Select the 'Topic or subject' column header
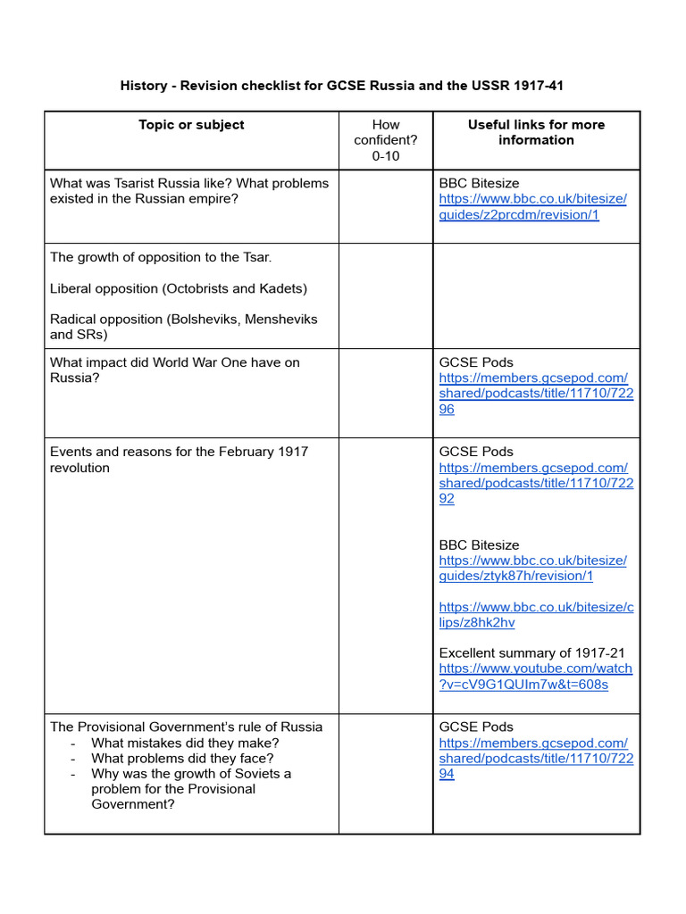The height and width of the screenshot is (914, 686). click(x=191, y=125)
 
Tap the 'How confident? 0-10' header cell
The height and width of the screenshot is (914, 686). click(x=386, y=140)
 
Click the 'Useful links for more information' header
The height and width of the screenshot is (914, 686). click(x=536, y=132)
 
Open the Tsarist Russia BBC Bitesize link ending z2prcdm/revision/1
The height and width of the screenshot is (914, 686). click(x=532, y=207)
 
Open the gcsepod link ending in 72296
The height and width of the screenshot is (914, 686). click(x=536, y=394)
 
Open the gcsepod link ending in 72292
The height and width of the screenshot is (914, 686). click(x=536, y=483)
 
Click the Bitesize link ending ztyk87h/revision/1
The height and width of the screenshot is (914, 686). click(x=532, y=569)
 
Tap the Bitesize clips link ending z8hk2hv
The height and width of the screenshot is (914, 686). click(x=536, y=615)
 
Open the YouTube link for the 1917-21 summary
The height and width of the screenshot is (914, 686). click(x=535, y=677)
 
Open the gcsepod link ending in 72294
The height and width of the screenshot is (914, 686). click(x=536, y=758)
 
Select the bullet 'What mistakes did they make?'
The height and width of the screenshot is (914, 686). click(x=185, y=743)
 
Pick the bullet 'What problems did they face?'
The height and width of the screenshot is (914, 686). click(x=182, y=758)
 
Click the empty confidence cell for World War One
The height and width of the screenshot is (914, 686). click(x=386, y=393)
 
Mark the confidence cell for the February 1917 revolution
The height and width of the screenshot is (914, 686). click(x=386, y=575)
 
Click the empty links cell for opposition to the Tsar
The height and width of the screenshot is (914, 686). click(x=536, y=295)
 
